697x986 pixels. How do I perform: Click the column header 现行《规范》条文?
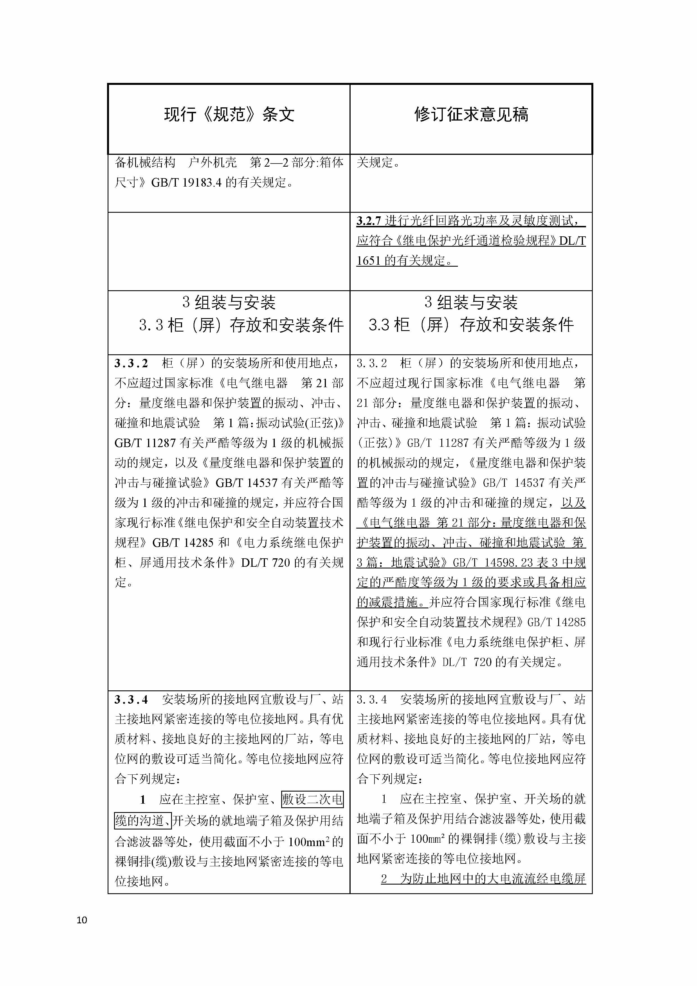(x=229, y=115)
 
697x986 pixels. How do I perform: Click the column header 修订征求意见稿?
(x=471, y=115)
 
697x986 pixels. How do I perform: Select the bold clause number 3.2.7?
(x=369, y=221)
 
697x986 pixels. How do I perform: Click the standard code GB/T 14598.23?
(x=492, y=563)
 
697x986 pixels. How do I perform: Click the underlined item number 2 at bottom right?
(x=384, y=879)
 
